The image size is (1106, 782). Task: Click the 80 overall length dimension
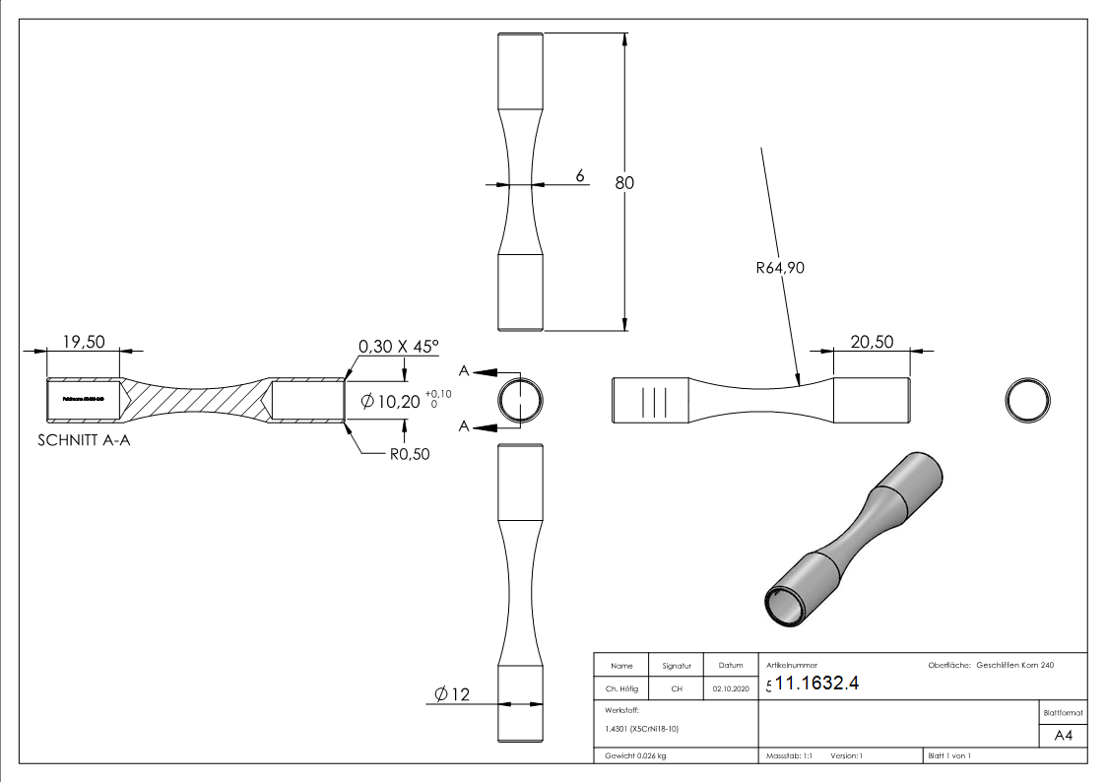coord(624,182)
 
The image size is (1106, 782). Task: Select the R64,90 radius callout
coord(781,267)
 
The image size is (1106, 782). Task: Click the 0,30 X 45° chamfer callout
coord(398,347)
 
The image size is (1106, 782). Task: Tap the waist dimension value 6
coord(580,175)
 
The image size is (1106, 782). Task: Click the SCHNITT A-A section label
coord(84,441)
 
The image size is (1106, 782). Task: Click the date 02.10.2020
coord(730,689)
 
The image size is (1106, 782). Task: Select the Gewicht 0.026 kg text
coord(635,756)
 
